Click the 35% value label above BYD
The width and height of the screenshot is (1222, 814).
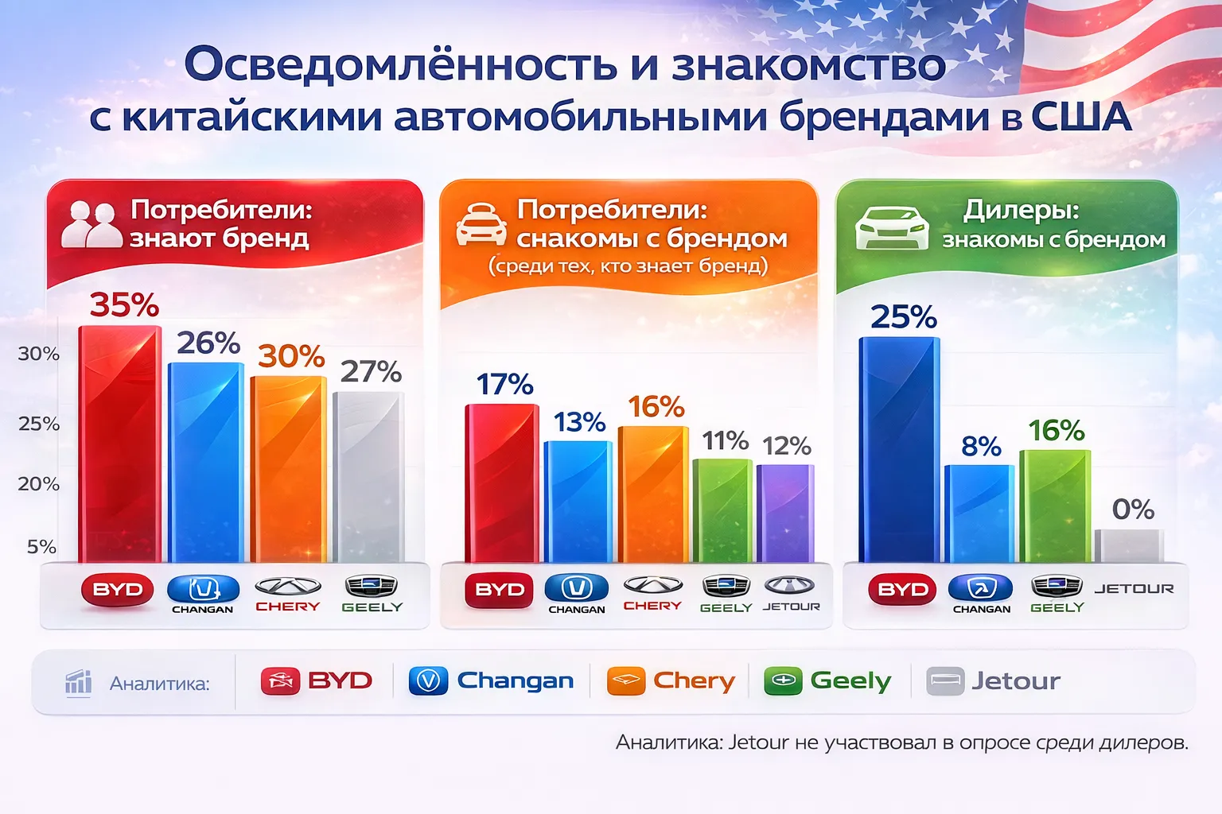pyautogui.click(x=124, y=304)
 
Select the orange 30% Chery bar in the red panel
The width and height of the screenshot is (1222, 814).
pyautogui.click(x=289, y=470)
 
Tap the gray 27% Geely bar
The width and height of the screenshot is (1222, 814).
pyautogui.click(x=369, y=477)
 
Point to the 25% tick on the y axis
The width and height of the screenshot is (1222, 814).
pyautogui.click(x=38, y=424)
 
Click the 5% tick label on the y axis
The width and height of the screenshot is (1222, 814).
pyautogui.click(x=42, y=546)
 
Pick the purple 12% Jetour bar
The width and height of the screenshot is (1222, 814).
pyautogui.click(x=785, y=514)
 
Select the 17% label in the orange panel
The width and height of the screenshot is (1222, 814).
pyautogui.click(x=504, y=385)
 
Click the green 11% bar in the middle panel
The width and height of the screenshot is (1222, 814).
pyautogui.click(x=722, y=511)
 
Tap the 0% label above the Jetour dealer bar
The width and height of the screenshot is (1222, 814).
pyautogui.click(x=1133, y=510)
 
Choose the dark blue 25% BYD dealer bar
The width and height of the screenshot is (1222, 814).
pyautogui.click(x=899, y=450)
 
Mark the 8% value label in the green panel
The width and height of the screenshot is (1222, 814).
pyautogui.click(x=981, y=447)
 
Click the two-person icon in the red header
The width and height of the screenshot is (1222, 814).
pyautogui.click(x=91, y=225)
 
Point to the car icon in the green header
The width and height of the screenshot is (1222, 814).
pyautogui.click(x=892, y=228)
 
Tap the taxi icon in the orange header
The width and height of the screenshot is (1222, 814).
pyautogui.click(x=481, y=224)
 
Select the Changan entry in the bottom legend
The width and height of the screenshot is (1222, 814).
pyautogui.click(x=491, y=681)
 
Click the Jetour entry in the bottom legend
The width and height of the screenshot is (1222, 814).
pyautogui.click(x=993, y=681)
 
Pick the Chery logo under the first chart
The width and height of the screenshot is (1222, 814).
pyautogui.click(x=287, y=595)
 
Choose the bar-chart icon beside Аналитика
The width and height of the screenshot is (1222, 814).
pyautogui.click(x=78, y=683)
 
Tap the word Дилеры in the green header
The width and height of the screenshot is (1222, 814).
pyautogui.click(x=1021, y=211)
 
